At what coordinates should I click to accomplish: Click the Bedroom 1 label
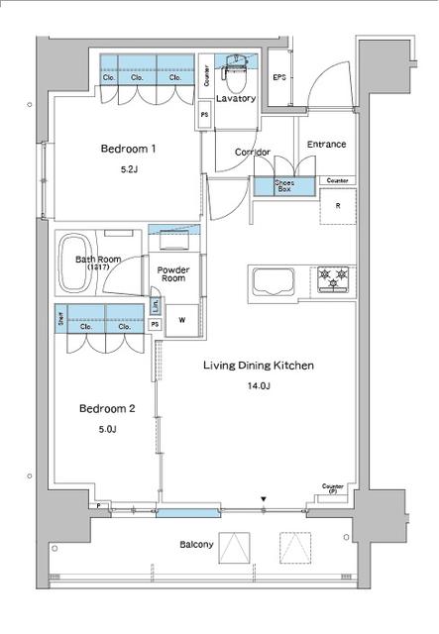tap(128, 149)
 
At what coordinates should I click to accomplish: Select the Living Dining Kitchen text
tap(258, 366)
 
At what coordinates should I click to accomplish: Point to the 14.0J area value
tap(259, 386)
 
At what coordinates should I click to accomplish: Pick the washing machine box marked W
tap(181, 319)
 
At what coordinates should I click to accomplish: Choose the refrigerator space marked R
tap(338, 206)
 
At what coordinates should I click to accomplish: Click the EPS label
tap(279, 77)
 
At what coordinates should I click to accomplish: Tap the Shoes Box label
tap(271, 184)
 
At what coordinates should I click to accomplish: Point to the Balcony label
tap(196, 545)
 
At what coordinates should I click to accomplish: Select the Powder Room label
tap(174, 273)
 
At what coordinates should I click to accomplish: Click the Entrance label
tap(326, 145)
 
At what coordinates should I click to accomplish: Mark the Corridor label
tap(253, 152)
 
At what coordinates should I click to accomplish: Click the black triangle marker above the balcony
tap(263, 498)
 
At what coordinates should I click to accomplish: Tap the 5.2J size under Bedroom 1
tap(128, 169)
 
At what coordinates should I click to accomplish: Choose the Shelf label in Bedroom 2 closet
tap(61, 321)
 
